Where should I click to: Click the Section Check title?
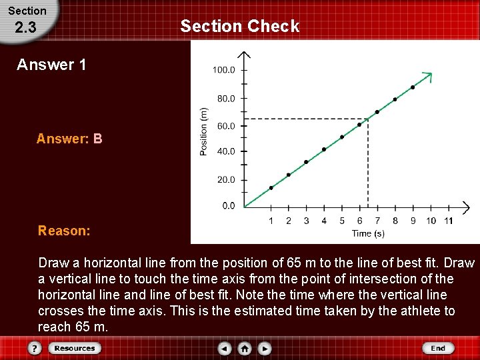click(240, 26)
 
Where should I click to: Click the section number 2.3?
click(25, 28)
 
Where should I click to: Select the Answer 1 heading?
click(51, 65)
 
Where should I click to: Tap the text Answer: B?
click(69, 139)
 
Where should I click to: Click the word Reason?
click(64, 231)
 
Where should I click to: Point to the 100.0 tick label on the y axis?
click(223, 70)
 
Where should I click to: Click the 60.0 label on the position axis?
click(226, 126)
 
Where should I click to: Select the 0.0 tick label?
click(228, 206)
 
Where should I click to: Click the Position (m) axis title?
click(204, 131)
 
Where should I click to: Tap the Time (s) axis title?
click(368, 233)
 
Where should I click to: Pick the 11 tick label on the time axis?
click(448, 221)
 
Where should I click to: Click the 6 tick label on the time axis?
click(359, 221)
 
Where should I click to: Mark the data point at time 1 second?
click(271, 188)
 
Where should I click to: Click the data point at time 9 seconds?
click(413, 87)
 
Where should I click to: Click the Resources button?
click(75, 348)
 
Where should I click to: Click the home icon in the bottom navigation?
click(245, 348)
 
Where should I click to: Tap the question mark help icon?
click(35, 348)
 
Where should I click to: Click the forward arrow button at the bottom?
click(265, 348)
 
